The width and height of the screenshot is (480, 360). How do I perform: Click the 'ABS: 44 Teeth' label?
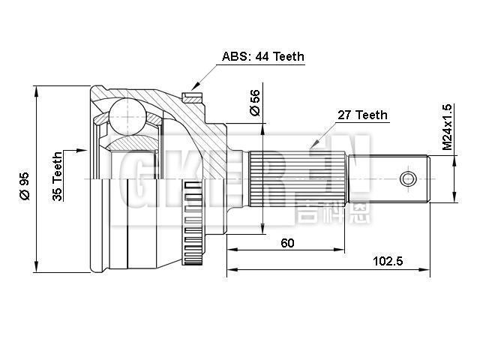coord(262,56)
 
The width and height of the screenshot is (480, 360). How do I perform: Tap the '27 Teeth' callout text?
coord(362,115)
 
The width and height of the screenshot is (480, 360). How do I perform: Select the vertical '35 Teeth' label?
coord(58,177)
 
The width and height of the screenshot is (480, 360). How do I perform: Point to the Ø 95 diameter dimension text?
coord(24,184)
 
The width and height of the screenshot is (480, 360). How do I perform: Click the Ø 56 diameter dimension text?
coord(254,103)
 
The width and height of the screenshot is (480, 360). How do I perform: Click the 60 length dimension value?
coord(287,241)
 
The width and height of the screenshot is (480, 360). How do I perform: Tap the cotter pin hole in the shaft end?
coord(407,178)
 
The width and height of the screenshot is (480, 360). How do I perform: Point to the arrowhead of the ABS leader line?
coord(194,90)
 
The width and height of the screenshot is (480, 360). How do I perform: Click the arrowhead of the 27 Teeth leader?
coord(308,148)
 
